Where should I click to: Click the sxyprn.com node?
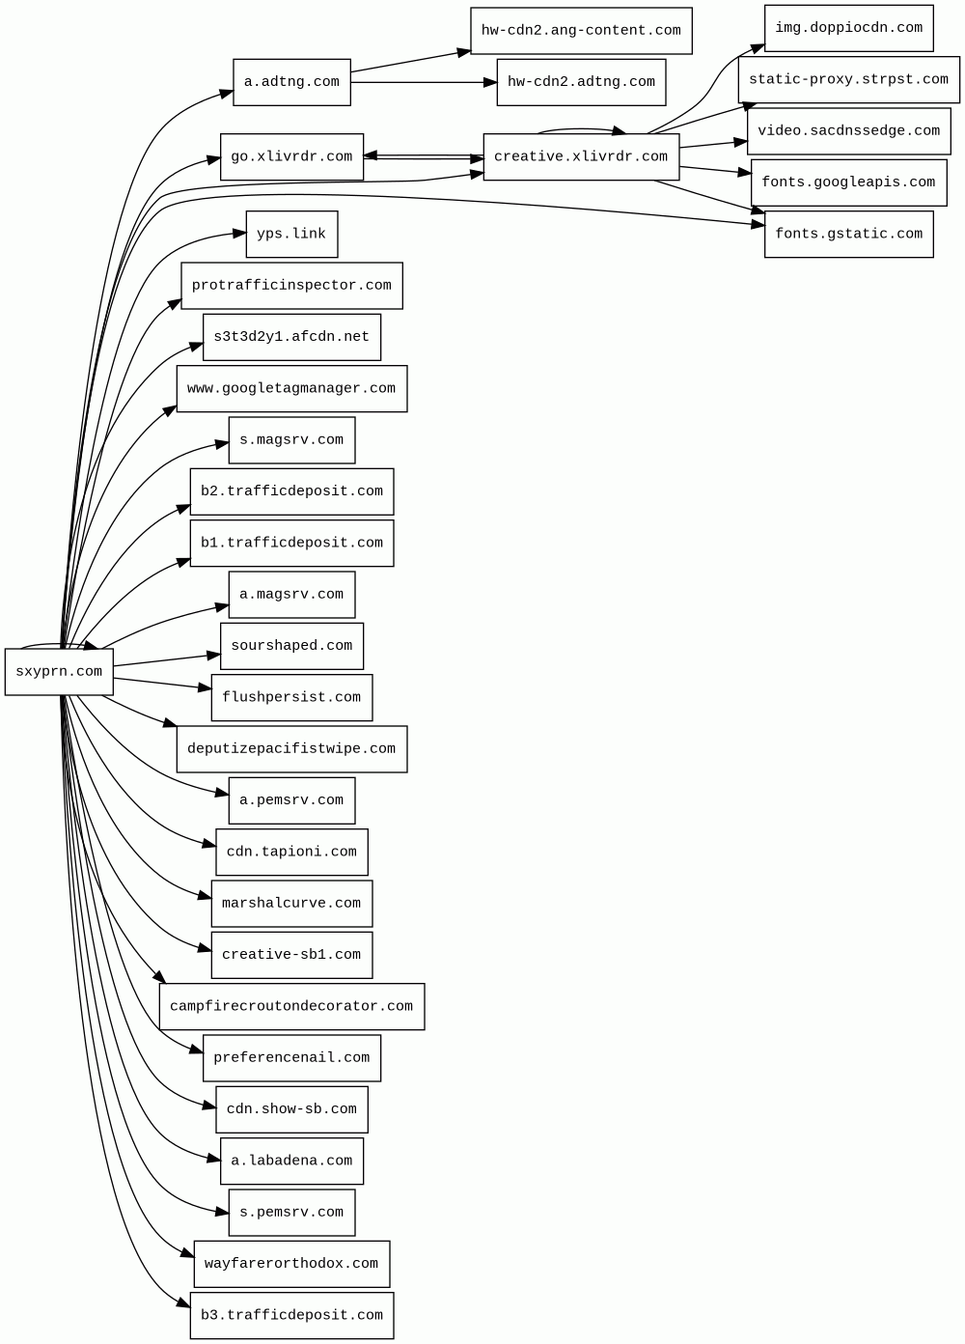click(x=59, y=672)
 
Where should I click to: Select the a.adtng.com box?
click(x=291, y=82)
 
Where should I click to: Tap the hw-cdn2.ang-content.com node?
click(x=581, y=31)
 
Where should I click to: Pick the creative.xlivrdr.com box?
click(x=581, y=156)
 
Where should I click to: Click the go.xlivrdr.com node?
click(x=291, y=156)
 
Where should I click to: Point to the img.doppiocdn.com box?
click(x=848, y=28)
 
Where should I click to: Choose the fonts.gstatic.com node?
click(x=848, y=234)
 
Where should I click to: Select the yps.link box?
click(x=291, y=234)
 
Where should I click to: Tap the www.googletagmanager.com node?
click(x=291, y=388)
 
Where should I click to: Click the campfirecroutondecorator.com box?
click(x=291, y=1006)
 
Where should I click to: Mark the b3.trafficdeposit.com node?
click(x=291, y=1315)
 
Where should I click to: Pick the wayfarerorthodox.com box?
click(x=291, y=1264)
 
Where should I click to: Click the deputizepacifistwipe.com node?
click(x=291, y=749)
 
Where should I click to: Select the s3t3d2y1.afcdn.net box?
click(x=291, y=337)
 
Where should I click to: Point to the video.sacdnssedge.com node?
click(x=848, y=131)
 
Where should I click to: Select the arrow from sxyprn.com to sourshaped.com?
click(x=166, y=660)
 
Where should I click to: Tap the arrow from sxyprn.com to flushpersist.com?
click(x=161, y=684)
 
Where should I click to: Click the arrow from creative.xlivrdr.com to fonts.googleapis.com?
click(x=714, y=171)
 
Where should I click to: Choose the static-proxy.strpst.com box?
click(x=848, y=79)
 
